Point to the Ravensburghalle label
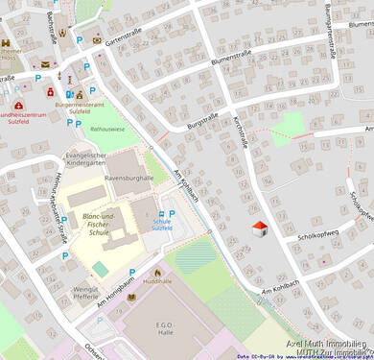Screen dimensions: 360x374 point(129,178)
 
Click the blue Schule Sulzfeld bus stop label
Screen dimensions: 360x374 point(162,224)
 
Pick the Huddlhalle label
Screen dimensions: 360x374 point(158,283)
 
